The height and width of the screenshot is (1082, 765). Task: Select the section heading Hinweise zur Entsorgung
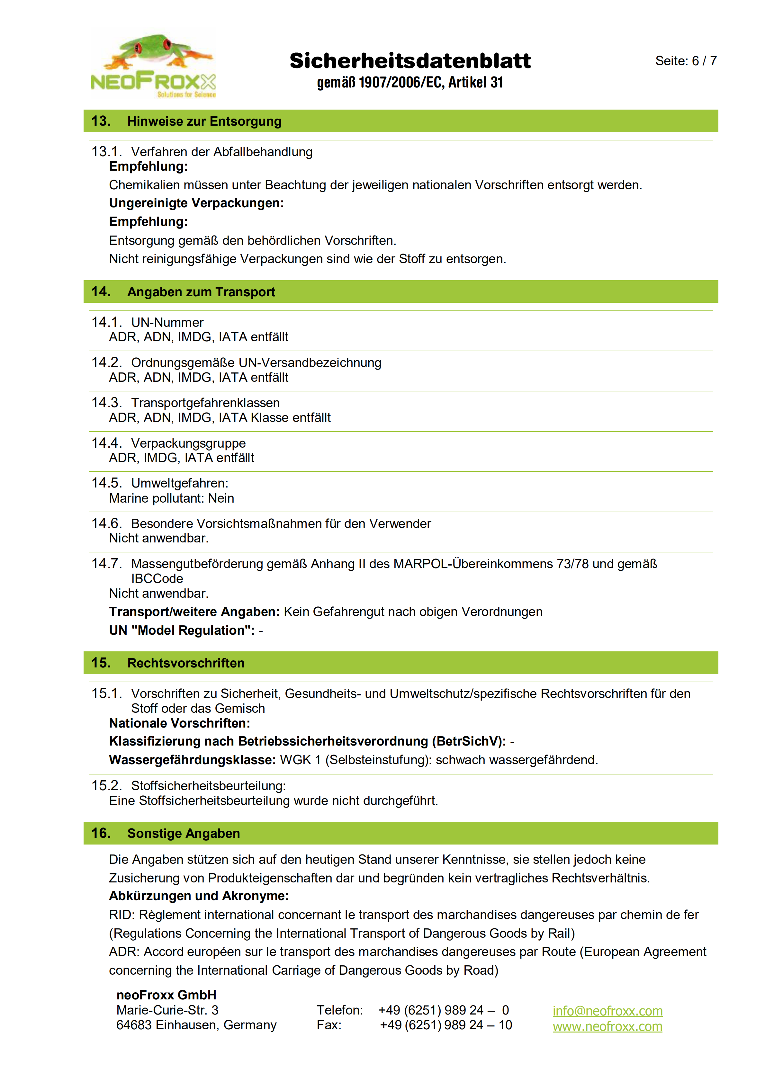tap(204, 121)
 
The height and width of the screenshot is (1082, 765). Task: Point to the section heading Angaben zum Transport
tap(201, 292)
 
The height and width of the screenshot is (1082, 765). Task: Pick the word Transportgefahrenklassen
tap(205, 403)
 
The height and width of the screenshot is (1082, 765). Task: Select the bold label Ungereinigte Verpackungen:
tap(196, 203)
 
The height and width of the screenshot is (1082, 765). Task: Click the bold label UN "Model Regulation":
tap(182, 630)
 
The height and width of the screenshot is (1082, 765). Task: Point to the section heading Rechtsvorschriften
tap(186, 663)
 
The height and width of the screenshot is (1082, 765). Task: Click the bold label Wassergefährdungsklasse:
tap(192, 760)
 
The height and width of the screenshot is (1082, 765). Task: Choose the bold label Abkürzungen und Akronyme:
tap(198, 896)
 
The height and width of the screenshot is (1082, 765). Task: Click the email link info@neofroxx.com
tap(607, 1011)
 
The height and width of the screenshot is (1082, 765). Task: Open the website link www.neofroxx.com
tap(607, 1026)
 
